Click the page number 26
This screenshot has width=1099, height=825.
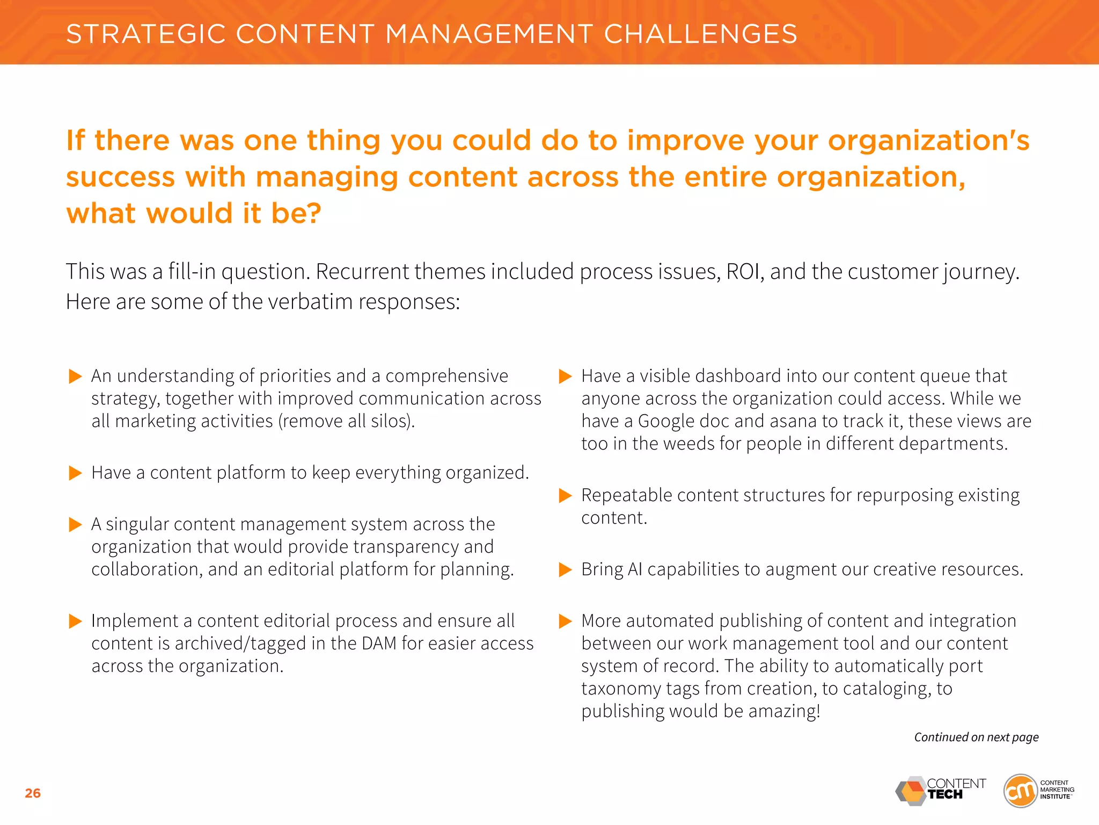click(33, 793)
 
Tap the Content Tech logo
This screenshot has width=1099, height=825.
click(941, 790)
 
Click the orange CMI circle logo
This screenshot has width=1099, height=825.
click(1020, 791)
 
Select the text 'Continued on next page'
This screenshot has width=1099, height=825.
click(976, 737)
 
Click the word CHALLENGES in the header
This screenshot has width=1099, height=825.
click(700, 34)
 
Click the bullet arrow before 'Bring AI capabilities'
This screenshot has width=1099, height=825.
click(565, 569)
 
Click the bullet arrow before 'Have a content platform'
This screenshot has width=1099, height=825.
click(75, 473)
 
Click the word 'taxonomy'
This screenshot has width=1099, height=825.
click(621, 689)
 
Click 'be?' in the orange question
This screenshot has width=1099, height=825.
click(296, 213)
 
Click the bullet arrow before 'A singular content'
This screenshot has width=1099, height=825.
click(75, 525)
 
